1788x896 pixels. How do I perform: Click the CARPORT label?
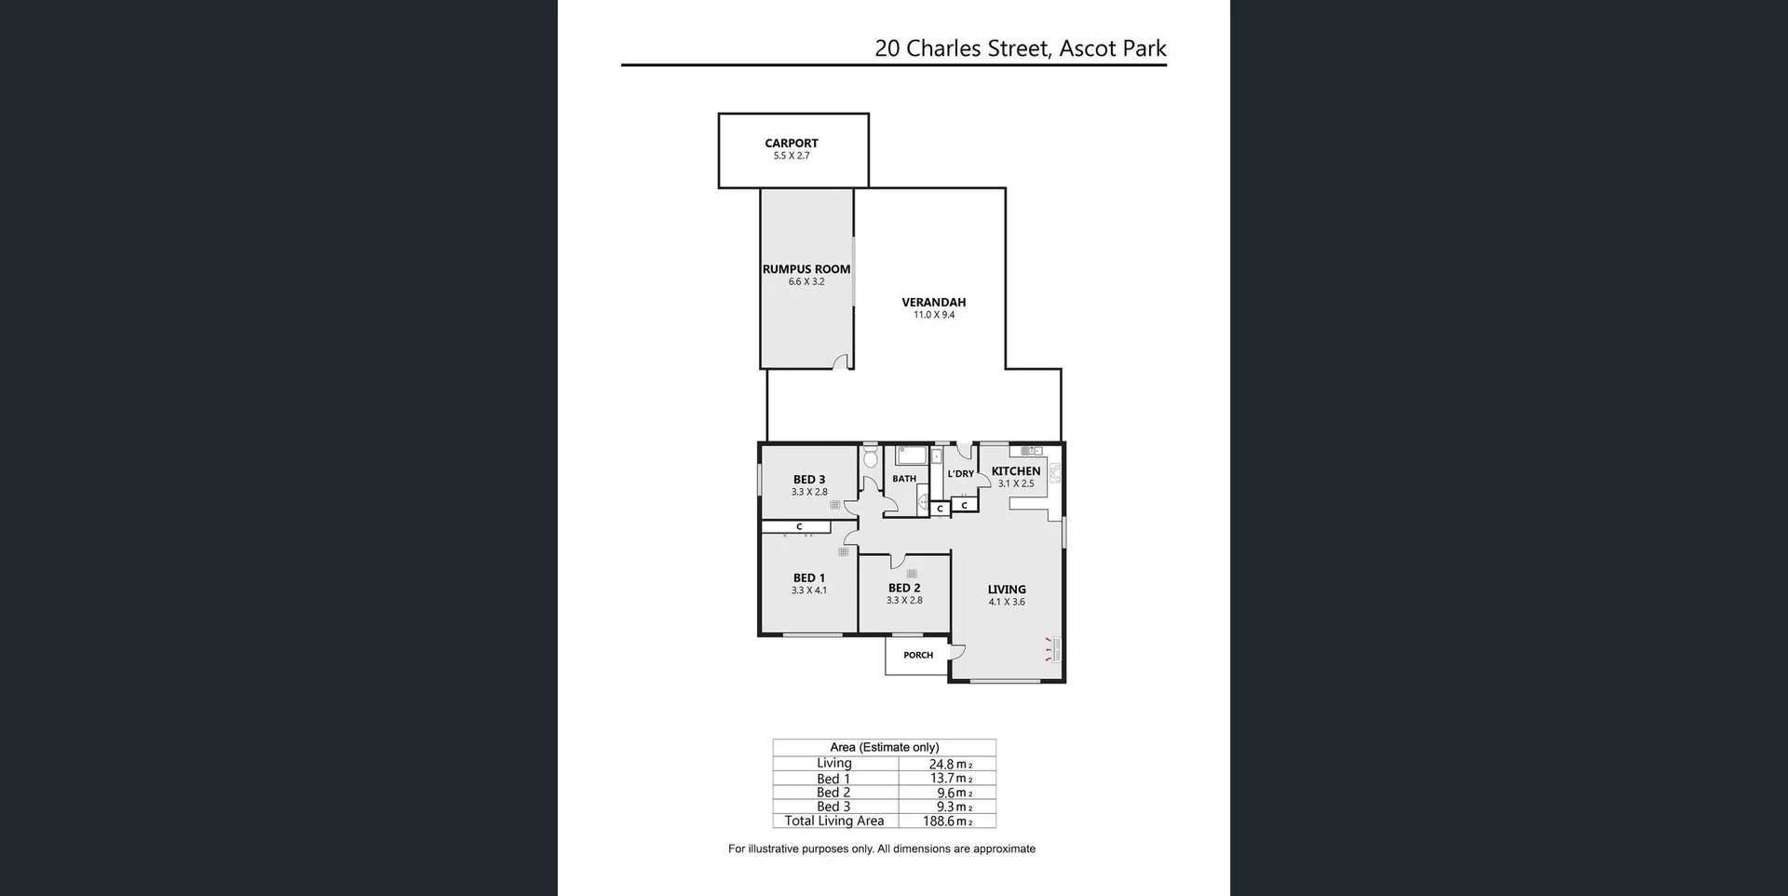coord(791,143)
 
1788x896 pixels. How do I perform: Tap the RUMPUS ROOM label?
coord(806,269)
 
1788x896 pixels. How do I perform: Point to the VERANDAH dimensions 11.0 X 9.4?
coord(933,315)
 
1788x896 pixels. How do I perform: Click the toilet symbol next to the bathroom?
coord(871,457)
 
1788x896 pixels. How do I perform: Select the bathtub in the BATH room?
coord(911,455)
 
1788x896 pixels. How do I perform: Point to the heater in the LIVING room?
coord(1054,649)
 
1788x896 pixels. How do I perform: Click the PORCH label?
coord(917,655)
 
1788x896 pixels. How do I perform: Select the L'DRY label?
coord(960,474)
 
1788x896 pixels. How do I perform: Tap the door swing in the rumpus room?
coord(841,362)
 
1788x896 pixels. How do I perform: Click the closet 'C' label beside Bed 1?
coord(799,527)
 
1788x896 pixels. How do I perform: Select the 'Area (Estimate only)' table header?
coord(884,747)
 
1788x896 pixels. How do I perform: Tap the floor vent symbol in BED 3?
coord(835,505)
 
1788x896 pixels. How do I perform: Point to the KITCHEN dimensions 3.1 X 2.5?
coord(1016,484)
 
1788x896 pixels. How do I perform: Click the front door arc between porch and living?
coord(956,651)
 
